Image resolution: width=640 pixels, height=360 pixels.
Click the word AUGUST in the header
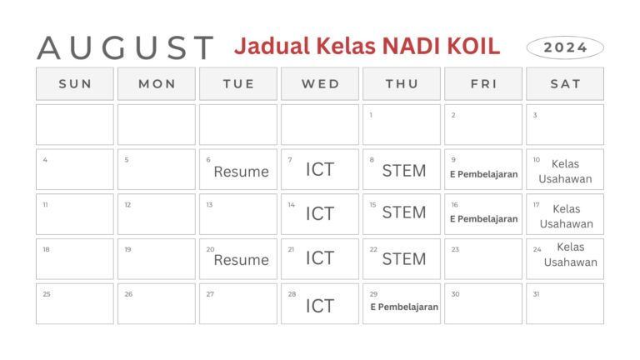tap(125, 47)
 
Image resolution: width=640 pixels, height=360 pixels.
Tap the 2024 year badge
tap(565, 47)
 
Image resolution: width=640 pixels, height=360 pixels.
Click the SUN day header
tap(75, 84)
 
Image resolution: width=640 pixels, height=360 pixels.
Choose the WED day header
tap(320, 84)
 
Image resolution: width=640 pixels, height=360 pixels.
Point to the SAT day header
tap(565, 84)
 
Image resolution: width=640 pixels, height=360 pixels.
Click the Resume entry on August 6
tap(241, 172)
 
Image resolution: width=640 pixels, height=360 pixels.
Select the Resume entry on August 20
tap(241, 260)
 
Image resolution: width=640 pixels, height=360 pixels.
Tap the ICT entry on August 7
tap(319, 170)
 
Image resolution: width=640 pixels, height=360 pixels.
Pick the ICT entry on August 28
tap(319, 306)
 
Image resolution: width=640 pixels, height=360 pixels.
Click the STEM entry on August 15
tap(403, 212)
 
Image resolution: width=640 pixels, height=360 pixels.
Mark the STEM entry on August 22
tap(403, 258)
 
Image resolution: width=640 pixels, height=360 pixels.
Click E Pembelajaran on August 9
tap(483, 175)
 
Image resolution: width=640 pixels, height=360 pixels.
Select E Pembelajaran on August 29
tap(404, 307)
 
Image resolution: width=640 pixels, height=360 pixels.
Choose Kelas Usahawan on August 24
tap(570, 255)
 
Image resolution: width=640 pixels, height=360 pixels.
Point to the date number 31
tap(535, 294)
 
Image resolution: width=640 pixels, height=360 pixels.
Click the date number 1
tap(371, 115)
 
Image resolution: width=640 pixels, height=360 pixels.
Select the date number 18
tap(46, 249)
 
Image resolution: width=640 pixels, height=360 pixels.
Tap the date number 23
tap(455, 249)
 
